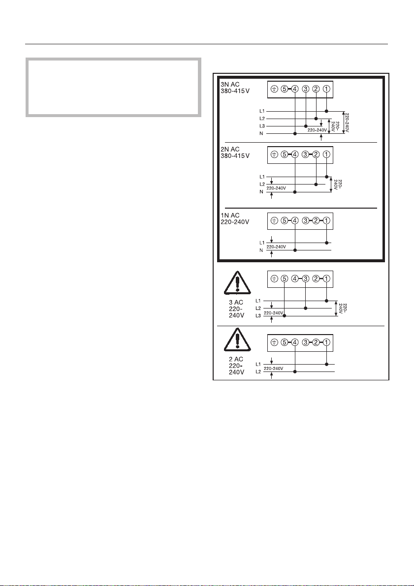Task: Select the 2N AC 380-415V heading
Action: pos(234,152)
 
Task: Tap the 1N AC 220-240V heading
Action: pos(234,218)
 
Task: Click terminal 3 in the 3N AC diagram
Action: pos(305,89)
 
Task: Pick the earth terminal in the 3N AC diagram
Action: pos(274,89)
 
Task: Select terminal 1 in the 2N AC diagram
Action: pos(326,155)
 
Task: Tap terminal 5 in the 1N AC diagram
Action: pos(284,221)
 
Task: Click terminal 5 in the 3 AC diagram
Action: pos(284,279)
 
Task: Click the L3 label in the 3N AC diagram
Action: pos(262,126)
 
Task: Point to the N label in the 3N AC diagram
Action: pos(262,133)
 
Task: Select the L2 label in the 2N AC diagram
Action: pos(262,184)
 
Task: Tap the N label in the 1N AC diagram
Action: pos(262,250)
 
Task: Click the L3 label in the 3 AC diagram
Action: pos(259,316)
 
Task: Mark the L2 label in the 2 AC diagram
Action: pos(259,372)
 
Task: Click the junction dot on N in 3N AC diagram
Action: pos(294,133)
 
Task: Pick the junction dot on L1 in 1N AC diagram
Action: pos(326,243)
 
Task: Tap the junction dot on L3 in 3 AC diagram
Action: pos(284,316)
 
